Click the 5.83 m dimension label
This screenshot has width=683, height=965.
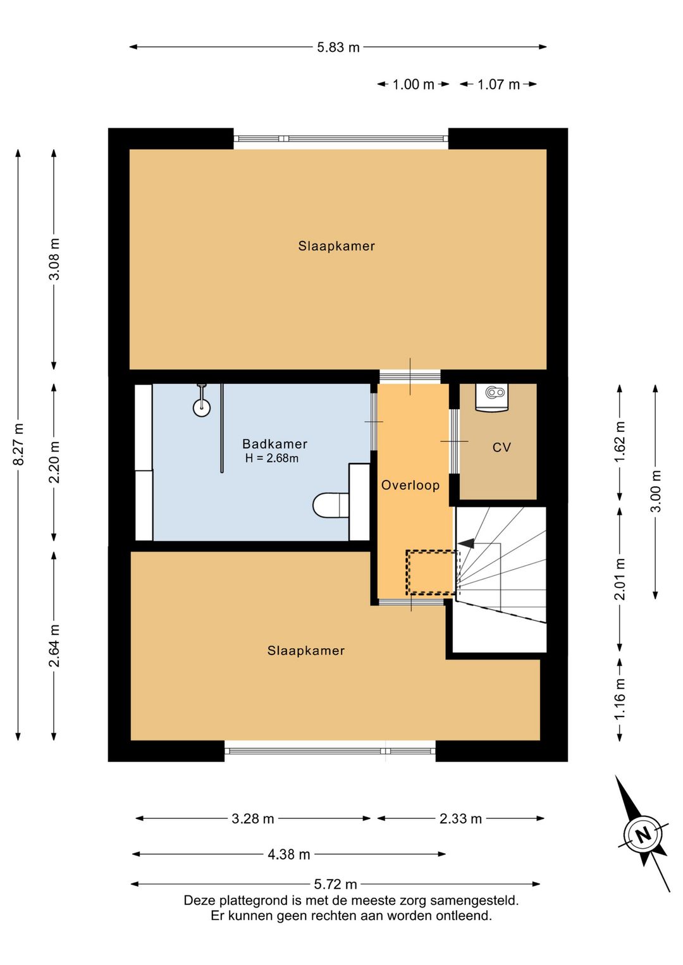338,47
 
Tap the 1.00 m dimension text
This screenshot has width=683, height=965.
413,85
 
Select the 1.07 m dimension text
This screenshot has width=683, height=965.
498,85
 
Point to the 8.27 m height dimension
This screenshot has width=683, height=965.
18,444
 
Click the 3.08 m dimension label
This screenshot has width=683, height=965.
54,259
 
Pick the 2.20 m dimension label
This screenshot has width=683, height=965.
54,462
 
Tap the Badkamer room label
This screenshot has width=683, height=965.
274,444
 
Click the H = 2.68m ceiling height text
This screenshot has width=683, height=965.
272,458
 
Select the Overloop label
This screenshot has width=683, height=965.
410,485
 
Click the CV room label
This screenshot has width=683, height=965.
501,448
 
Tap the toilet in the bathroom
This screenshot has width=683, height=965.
331,505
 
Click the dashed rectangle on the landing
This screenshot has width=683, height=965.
431,572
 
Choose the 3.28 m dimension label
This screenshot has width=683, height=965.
253,818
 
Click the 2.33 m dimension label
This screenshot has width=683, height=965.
460,818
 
